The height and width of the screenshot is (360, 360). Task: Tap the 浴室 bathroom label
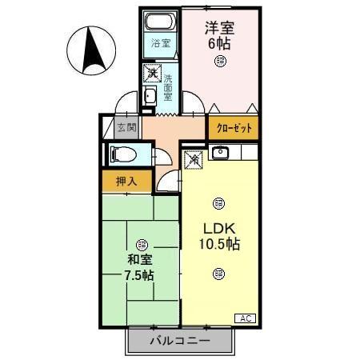coord(160,43)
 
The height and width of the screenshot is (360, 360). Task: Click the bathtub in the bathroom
coord(161,22)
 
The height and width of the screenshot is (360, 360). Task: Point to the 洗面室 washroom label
coord(168,90)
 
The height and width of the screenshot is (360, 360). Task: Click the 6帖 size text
coord(218,42)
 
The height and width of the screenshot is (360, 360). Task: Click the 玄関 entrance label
coord(126,126)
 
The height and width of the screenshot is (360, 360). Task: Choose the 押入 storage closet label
coord(126,181)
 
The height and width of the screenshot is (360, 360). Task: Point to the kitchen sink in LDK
coord(222,153)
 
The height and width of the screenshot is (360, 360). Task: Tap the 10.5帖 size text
coord(219,243)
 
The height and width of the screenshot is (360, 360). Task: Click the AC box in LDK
coord(246,318)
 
